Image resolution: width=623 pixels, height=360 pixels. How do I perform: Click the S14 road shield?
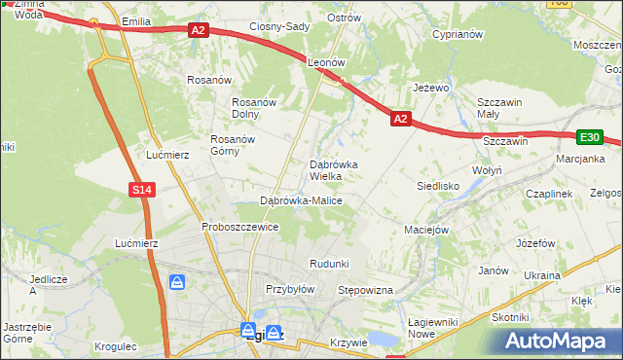(142, 190)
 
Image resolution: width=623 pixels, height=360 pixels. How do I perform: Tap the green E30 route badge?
(590, 137)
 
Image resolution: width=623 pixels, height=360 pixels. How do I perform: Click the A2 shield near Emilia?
(199, 30)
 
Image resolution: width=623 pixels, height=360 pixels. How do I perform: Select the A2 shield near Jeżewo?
(400, 119)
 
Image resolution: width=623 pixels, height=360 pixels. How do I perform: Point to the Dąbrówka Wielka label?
(333, 170)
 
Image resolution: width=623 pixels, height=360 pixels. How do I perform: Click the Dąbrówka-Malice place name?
(301, 200)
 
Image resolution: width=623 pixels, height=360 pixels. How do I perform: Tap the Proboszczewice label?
(240, 227)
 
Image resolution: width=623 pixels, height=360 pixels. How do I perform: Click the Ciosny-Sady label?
(279, 26)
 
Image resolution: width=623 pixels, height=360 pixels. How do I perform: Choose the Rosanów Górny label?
(234, 145)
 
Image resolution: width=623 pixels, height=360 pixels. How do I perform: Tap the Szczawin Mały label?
(500, 107)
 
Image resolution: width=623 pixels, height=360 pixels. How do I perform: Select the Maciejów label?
(425, 230)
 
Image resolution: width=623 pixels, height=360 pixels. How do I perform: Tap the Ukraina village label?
(542, 275)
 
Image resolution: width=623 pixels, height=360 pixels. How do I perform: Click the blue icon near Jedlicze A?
(177, 283)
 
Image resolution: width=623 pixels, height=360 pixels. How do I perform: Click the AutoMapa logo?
(559, 340)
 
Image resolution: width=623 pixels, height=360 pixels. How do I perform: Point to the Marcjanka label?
(580, 159)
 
